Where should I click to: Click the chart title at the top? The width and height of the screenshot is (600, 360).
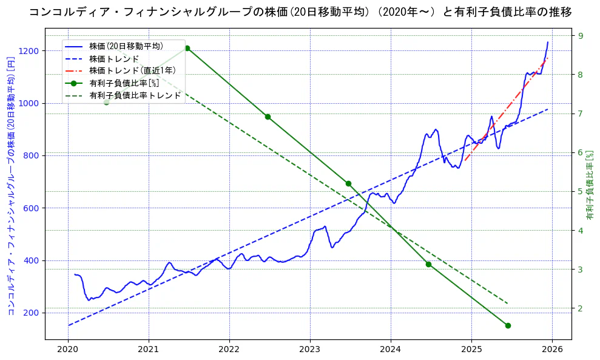[x=300, y=12]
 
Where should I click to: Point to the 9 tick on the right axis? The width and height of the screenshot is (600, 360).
[x=580, y=36]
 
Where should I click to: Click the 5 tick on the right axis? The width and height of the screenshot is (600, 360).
[x=580, y=192]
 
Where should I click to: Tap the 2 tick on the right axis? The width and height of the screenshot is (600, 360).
[x=580, y=308]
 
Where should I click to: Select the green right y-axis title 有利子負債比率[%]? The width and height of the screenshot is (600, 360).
[x=590, y=185]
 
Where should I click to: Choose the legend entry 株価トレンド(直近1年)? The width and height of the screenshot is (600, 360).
[x=132, y=70]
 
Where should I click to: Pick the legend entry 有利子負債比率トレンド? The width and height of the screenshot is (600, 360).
[x=135, y=95]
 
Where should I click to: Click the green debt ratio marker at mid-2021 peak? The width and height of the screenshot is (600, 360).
[x=187, y=49]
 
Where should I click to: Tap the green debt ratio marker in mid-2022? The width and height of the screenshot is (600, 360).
[x=268, y=117]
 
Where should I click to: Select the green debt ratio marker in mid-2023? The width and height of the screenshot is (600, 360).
[x=348, y=183]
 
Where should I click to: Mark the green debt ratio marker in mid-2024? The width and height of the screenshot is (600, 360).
[x=428, y=264]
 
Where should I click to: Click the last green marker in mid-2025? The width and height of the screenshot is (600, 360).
[x=508, y=325]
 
